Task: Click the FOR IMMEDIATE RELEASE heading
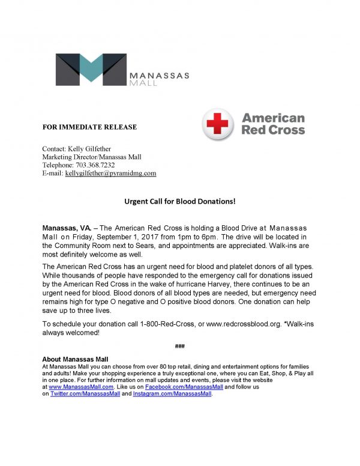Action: coord(89,127)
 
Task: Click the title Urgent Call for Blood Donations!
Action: coord(179,201)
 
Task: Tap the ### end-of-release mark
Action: coord(179,346)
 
